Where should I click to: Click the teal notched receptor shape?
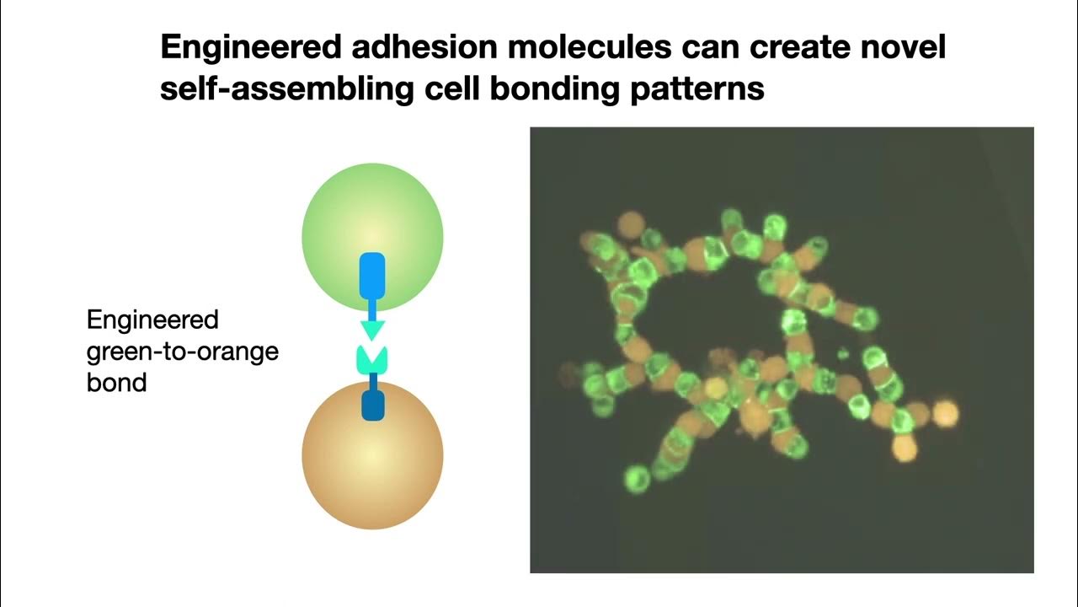(372, 358)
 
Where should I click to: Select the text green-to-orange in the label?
(183, 352)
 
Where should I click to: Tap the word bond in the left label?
(117, 382)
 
